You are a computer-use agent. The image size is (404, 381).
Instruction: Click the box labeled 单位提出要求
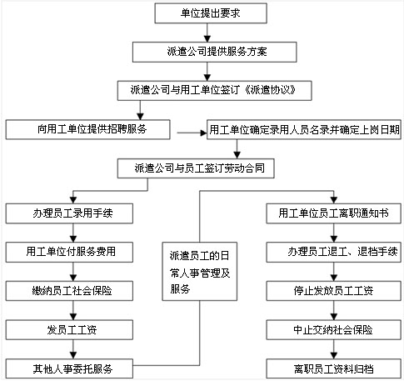[211, 13]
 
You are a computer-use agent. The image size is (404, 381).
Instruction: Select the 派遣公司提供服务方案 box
[214, 52]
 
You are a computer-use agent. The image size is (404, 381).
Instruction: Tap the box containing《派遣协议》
[214, 91]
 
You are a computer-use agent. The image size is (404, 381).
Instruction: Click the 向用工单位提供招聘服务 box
[87, 129]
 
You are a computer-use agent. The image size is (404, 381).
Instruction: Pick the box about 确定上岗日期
[304, 129]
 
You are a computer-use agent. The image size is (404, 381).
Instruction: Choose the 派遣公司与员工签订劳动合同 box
[196, 168]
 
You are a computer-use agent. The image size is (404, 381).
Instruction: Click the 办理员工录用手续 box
[69, 213]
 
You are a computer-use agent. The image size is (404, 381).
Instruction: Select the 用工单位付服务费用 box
[69, 253]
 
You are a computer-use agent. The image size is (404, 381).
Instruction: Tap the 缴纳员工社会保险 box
[69, 291]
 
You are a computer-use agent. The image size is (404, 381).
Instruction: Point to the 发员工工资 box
[69, 330]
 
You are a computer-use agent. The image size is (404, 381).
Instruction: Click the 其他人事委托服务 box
[69, 368]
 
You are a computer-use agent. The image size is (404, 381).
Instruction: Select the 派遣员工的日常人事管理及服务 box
[200, 272]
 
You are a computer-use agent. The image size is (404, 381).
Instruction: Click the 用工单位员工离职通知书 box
[334, 213]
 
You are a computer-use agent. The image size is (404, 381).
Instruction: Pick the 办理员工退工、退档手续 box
[334, 253]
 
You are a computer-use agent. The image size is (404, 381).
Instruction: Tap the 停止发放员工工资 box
[334, 291]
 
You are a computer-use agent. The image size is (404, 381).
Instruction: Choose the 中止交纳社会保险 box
[334, 330]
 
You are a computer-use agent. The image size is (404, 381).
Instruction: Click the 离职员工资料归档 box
[334, 368]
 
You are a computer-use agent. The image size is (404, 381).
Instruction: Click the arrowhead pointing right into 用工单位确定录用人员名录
[203, 133]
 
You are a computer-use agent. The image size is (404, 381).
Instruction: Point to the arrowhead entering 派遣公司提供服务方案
[207, 38]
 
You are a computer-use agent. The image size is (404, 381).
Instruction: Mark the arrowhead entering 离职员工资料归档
[334, 356]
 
